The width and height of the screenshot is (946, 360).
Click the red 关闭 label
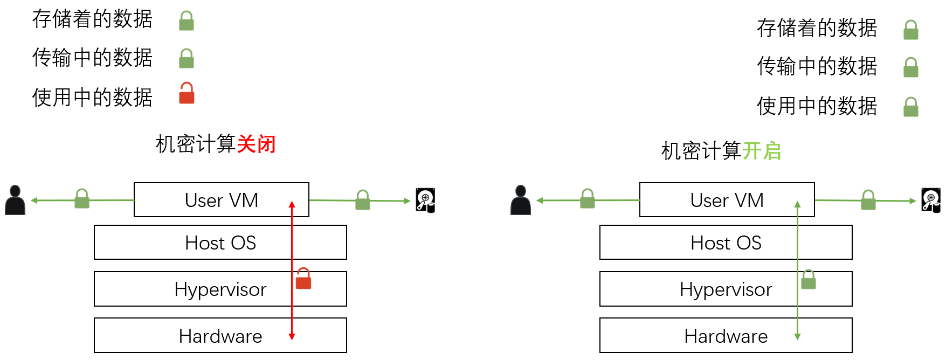256,144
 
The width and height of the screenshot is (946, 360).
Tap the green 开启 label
762,151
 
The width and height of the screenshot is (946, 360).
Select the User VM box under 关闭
221,200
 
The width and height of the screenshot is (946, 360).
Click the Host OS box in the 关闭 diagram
220,243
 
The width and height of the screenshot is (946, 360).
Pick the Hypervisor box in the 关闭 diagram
220,289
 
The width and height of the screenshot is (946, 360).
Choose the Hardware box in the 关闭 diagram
220,336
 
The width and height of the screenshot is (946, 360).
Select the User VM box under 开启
727,200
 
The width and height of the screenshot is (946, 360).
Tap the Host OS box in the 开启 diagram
726,243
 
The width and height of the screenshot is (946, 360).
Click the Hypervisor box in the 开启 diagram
726,289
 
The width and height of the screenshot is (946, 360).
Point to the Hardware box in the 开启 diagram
726,336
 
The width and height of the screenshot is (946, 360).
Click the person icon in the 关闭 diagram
15,200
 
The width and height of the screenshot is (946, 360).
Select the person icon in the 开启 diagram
521,200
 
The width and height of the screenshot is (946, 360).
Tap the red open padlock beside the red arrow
303,279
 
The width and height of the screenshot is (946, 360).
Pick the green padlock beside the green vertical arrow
809,279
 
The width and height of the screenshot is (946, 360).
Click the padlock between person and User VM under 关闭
82,199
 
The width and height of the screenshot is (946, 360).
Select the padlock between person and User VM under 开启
588,199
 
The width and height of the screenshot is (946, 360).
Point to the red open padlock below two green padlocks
187,93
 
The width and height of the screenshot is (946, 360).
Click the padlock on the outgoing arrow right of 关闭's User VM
363,200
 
